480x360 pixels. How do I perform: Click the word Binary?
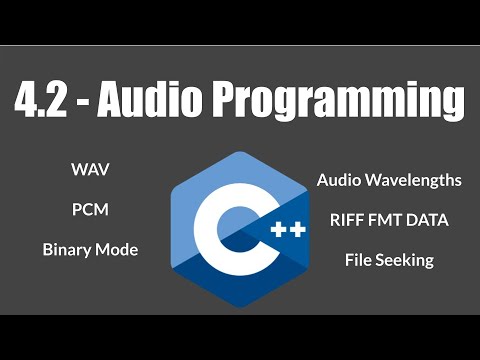coord(69,250)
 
